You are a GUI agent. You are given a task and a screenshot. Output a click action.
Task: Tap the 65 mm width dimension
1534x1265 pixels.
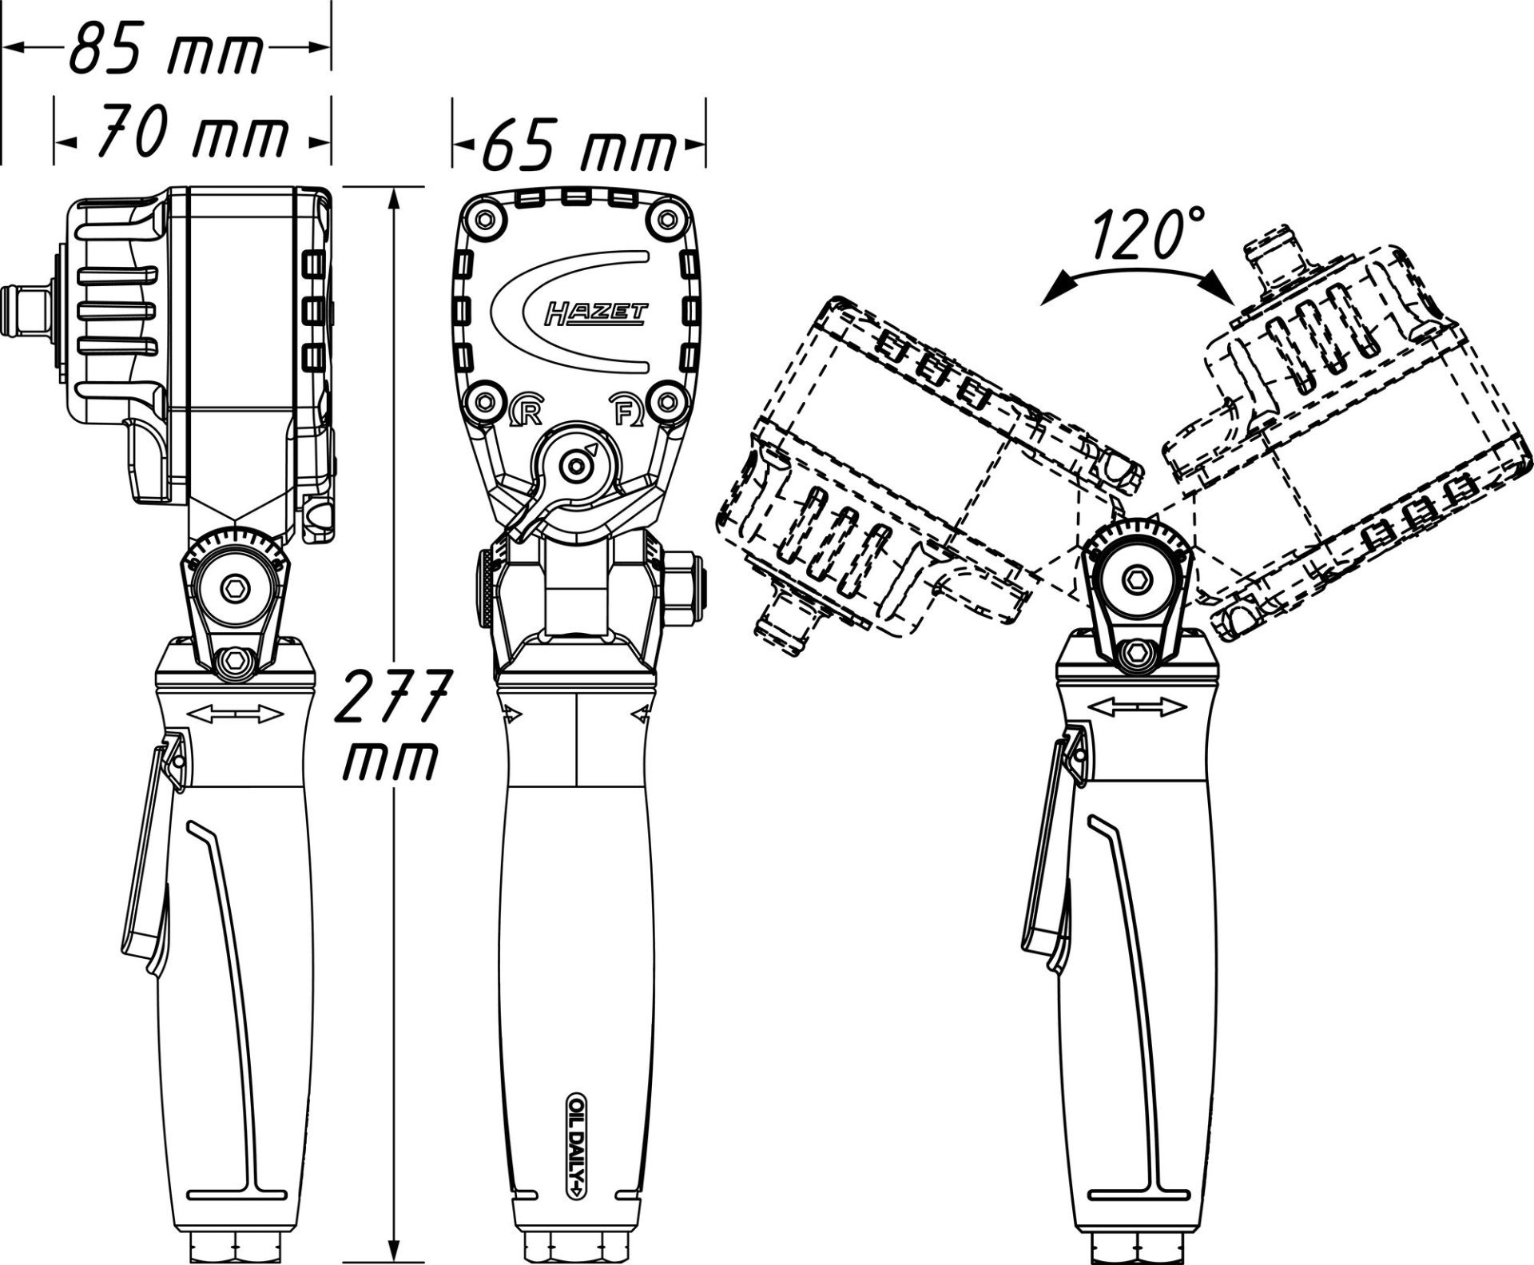click(579, 146)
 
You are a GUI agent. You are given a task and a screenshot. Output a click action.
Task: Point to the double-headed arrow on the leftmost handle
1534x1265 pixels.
click(236, 713)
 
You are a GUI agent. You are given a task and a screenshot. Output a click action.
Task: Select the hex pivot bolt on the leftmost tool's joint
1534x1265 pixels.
click(235, 588)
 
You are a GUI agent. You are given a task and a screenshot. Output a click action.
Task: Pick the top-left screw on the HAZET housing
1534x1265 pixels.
click(483, 217)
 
